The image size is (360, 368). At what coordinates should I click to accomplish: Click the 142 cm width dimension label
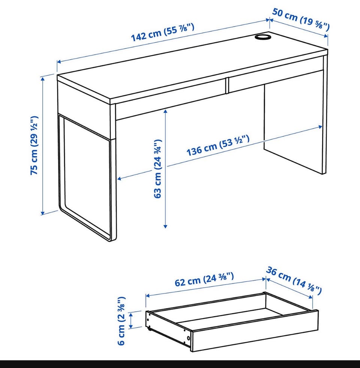[x=163, y=32]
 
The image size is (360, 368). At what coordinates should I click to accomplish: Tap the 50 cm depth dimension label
[x=301, y=19]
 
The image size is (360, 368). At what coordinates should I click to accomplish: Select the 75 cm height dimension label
[x=34, y=145]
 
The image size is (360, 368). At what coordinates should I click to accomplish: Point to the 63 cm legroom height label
[x=158, y=169]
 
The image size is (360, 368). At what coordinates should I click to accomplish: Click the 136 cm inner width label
[x=218, y=145]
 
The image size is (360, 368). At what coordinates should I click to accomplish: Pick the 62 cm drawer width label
[x=204, y=279]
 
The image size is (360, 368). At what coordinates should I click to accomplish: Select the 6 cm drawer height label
[x=121, y=321]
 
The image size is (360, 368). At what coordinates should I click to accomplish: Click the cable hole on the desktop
[x=263, y=37]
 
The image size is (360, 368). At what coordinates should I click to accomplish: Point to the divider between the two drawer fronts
[x=227, y=86]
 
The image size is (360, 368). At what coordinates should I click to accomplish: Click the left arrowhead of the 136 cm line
[x=119, y=179]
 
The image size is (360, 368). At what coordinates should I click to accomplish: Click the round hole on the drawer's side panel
[x=189, y=338]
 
